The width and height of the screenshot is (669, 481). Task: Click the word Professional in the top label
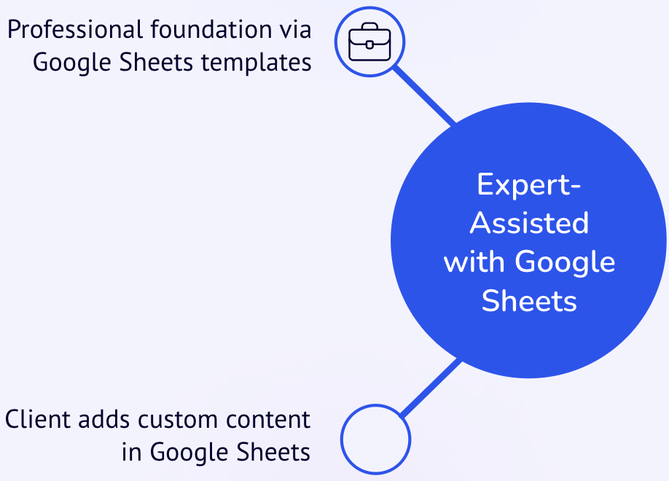pos(75,30)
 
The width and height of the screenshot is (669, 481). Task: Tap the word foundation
pos(211,29)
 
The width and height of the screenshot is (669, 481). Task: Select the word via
pos(296,29)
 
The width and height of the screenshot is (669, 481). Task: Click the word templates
pos(256,63)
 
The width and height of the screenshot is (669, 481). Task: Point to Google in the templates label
pos(72,63)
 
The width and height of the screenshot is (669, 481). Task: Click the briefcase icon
pos(369,42)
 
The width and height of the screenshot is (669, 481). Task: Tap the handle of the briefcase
pos(369,26)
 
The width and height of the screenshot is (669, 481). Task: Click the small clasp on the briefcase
pos(369,44)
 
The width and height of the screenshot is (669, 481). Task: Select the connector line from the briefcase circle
pos(423,95)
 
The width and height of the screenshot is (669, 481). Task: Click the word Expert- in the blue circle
pos(529,184)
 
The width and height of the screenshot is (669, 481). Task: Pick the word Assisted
pos(529,223)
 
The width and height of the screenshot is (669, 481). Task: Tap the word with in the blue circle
pos(474,261)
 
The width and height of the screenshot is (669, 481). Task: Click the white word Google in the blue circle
pos(565,262)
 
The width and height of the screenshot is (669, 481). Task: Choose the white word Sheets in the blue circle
pos(529,300)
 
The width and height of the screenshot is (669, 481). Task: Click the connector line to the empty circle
pos(431,388)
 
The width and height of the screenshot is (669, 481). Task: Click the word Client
pos(38,419)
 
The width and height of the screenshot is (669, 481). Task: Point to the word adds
pos(103,419)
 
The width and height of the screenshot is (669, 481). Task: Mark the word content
pos(268,420)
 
